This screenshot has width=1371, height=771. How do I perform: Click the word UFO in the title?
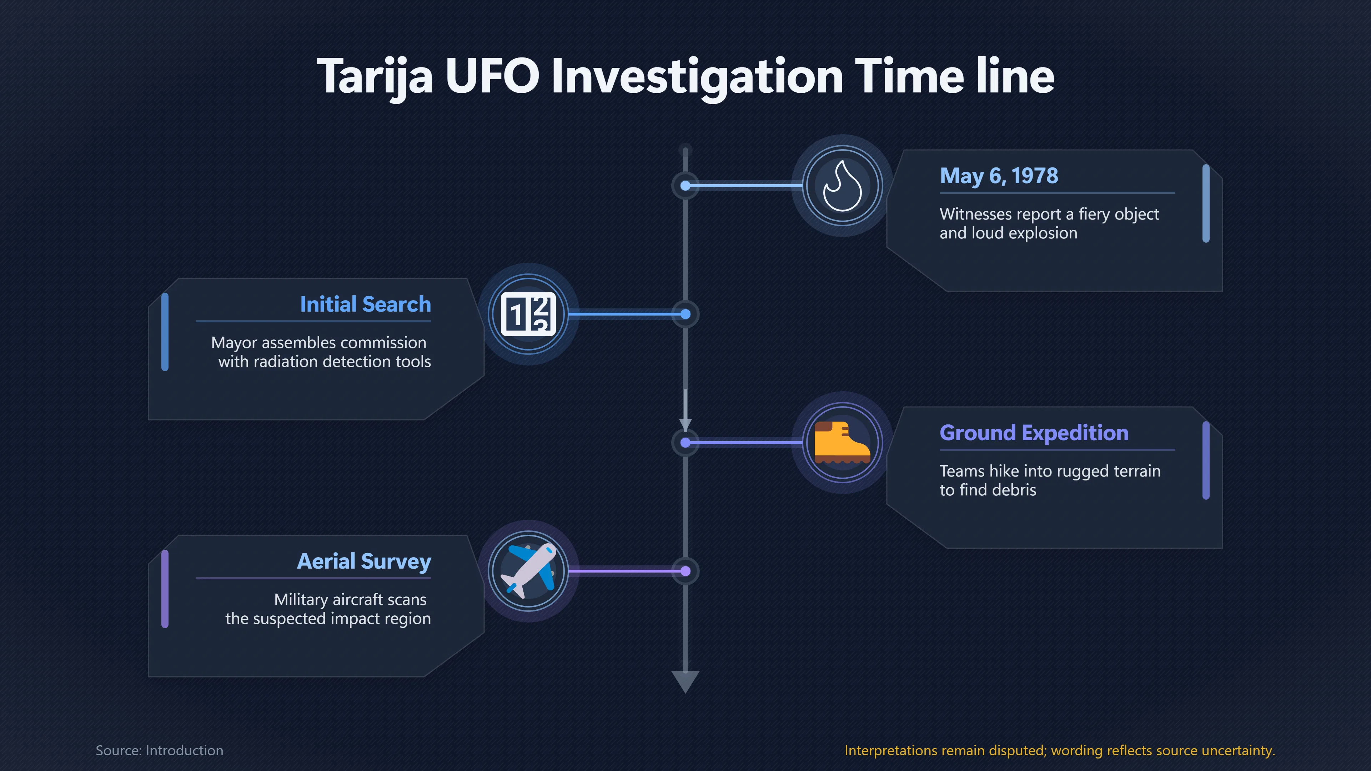coord(493,76)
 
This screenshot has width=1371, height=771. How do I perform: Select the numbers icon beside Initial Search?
coord(528,314)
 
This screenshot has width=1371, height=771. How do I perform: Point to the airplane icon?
coord(528,571)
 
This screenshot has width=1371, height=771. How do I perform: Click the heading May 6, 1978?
coord(999,176)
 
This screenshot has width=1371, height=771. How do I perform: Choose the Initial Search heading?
coord(366,304)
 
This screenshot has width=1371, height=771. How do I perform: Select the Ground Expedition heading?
coord(1034,433)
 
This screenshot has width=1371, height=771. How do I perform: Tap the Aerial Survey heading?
coord(364,562)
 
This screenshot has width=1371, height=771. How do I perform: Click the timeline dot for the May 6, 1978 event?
coord(685,186)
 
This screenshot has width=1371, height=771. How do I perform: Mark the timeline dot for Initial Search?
coord(685,314)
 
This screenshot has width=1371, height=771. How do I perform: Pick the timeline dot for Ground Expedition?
coord(685,443)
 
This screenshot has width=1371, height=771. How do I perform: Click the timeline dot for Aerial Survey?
coord(685,571)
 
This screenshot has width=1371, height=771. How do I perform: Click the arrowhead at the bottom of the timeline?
coord(685,681)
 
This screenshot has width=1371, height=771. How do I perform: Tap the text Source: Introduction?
coord(160,750)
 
